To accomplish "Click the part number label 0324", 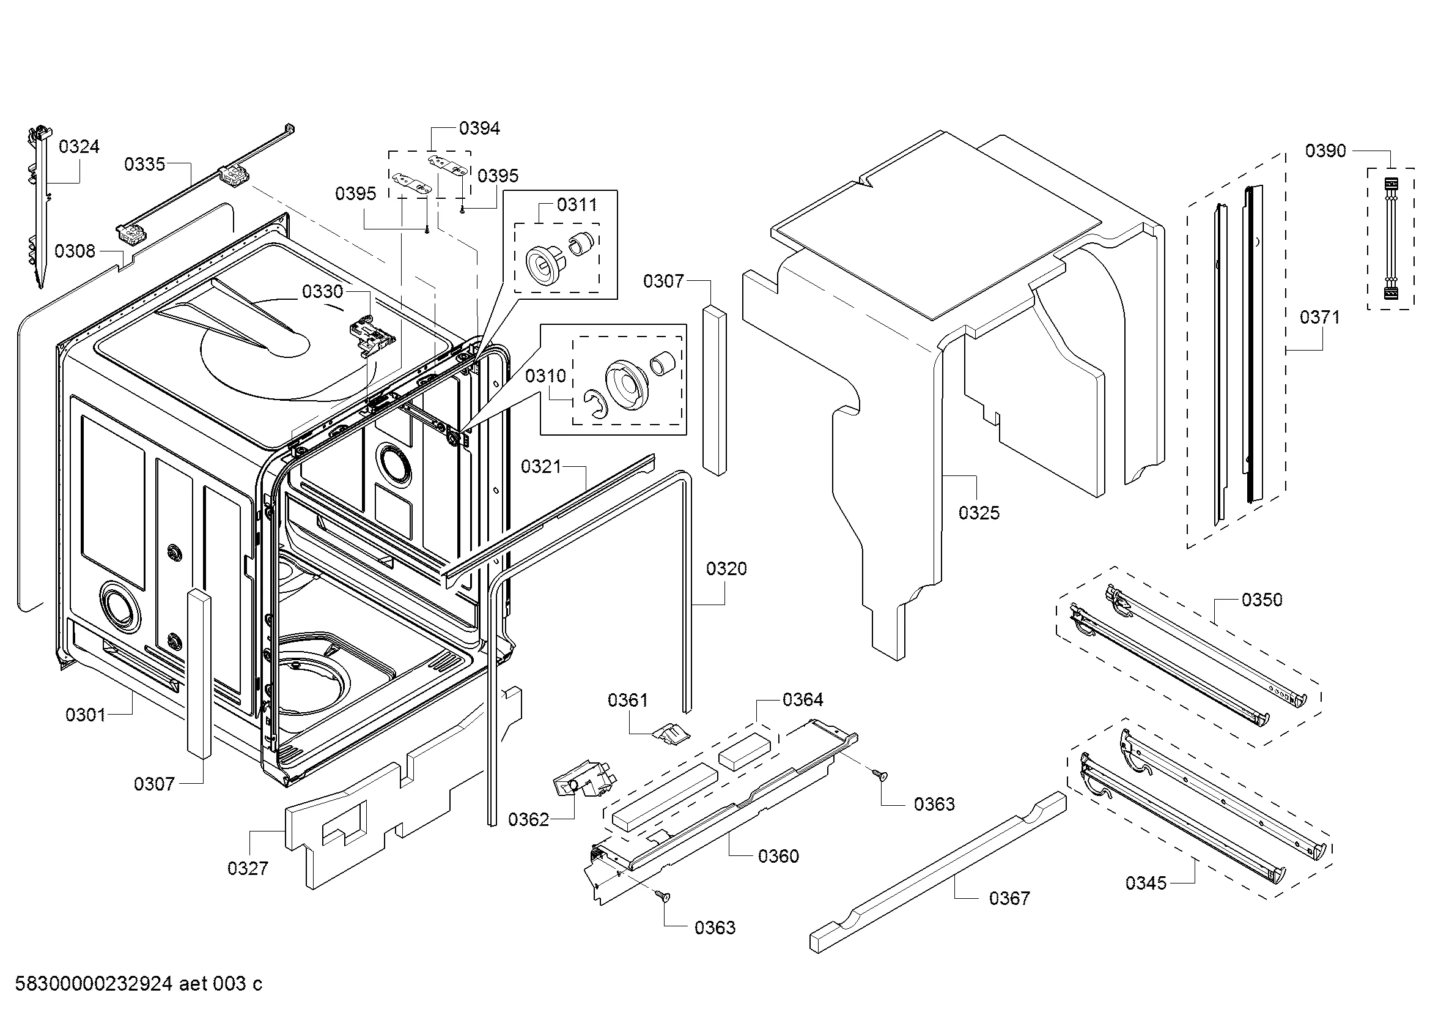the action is coord(79,147).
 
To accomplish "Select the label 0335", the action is coord(144,165).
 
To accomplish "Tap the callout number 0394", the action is coord(479,128).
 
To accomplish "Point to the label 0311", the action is coord(577,205).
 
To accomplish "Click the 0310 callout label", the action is coord(545,376).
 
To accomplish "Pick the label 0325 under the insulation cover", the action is coord(979,513).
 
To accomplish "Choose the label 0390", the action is coord(1326,151).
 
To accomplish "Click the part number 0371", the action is coord(1320,318).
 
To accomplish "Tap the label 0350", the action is coord(1262,600).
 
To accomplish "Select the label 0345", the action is coord(1146,883).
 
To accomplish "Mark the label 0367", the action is coord(1009,898).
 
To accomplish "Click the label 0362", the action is coord(529,819).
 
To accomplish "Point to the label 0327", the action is coord(248,868).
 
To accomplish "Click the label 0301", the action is coord(86,715).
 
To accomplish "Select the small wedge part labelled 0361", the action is coord(671,733).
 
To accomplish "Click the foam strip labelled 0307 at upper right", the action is coord(714,390).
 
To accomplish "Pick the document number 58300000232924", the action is coord(94,984).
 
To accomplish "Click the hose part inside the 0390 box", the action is coord(1390,239).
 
